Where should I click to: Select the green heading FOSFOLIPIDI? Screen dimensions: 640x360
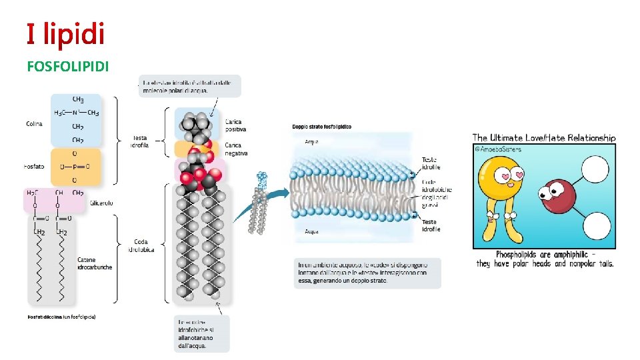pyautogui.click(x=68, y=67)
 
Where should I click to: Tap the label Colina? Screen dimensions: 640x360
pyautogui.click(x=34, y=124)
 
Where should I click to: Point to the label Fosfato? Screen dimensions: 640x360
pyautogui.click(x=34, y=167)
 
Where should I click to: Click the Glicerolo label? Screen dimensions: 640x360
pyautogui.click(x=101, y=203)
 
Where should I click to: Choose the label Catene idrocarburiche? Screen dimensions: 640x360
pyautogui.click(x=95, y=263)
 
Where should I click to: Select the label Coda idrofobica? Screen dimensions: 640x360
pyautogui.click(x=140, y=246)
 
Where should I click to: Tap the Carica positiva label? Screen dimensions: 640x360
pyautogui.click(x=234, y=125)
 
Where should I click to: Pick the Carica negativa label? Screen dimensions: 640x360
pyautogui.click(x=235, y=149)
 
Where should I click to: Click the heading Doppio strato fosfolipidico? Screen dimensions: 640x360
pyautogui.click(x=322, y=127)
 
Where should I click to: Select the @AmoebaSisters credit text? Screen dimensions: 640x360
pyautogui.click(x=497, y=149)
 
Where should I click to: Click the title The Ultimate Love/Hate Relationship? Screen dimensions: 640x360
pyautogui.click(x=544, y=138)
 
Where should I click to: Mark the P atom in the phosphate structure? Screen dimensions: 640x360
pyautogui.click(x=75, y=167)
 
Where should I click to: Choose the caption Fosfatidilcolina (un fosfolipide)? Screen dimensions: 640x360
pyautogui.click(x=62, y=317)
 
